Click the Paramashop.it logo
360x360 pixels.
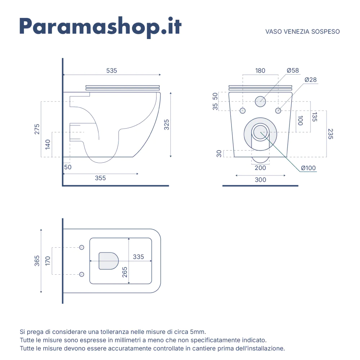(100, 27)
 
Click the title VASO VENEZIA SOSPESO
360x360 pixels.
(302, 32)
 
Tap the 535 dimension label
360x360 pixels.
(112, 71)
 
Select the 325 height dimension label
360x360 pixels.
(166, 125)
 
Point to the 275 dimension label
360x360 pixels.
(37, 129)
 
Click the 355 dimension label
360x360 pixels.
(100, 178)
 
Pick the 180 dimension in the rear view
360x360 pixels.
(260, 71)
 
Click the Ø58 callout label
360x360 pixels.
(293, 70)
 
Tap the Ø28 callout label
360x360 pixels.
(310, 80)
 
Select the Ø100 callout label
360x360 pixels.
(309, 168)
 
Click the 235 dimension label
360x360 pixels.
(330, 134)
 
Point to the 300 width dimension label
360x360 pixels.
(260, 180)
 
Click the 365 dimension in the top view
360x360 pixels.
(37, 261)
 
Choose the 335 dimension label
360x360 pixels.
(139, 257)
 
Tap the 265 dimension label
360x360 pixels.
(125, 272)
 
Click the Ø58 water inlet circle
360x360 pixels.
(260, 101)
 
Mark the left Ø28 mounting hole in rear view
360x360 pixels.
(242, 111)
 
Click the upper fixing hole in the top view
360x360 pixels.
(81, 247)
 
